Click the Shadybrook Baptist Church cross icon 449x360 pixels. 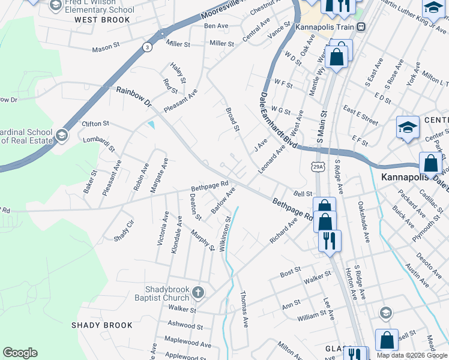198,293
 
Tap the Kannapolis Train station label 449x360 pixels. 326,26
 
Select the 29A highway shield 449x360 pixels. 318,167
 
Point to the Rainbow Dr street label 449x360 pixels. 134,97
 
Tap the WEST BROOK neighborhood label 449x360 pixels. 102,20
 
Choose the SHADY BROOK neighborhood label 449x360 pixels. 101,325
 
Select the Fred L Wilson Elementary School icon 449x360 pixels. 55,6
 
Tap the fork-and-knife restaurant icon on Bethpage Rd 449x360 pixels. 329,241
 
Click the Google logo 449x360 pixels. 20,353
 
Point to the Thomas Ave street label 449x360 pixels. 244,309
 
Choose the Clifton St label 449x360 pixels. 95,124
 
